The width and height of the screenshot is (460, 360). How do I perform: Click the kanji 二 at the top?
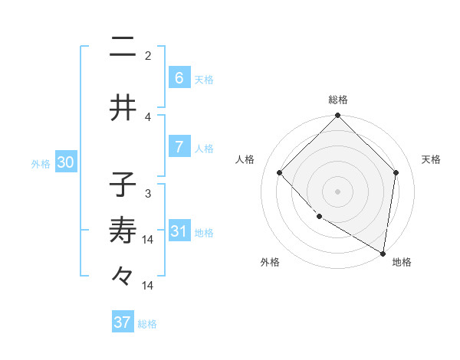tap(123, 48)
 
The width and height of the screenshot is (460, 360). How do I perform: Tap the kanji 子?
tap(123, 185)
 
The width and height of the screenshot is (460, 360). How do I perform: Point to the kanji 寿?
tap(123, 231)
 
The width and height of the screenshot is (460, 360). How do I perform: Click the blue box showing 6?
tap(179, 77)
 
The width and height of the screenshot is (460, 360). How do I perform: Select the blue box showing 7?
tap(179, 146)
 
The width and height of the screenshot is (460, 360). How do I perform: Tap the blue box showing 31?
tap(179, 231)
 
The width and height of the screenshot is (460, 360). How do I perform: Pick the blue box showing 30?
tap(66, 162)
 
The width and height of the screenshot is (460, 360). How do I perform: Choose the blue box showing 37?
tap(123, 322)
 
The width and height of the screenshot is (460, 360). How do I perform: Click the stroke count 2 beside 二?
tap(148, 56)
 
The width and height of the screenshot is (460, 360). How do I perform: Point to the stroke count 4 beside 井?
tap(148, 117)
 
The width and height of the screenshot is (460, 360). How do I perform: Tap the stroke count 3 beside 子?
tap(148, 193)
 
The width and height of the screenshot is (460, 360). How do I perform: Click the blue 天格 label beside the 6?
tap(203, 80)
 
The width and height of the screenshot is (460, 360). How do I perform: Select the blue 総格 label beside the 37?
tap(147, 324)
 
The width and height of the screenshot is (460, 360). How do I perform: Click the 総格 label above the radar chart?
tap(338, 100)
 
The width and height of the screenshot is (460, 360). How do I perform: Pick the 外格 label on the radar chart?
tap(269, 263)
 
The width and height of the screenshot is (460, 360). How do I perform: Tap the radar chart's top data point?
tap(338, 116)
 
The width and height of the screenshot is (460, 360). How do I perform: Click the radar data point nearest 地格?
tap(383, 252)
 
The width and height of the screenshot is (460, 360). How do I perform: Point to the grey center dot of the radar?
tap(338, 191)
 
